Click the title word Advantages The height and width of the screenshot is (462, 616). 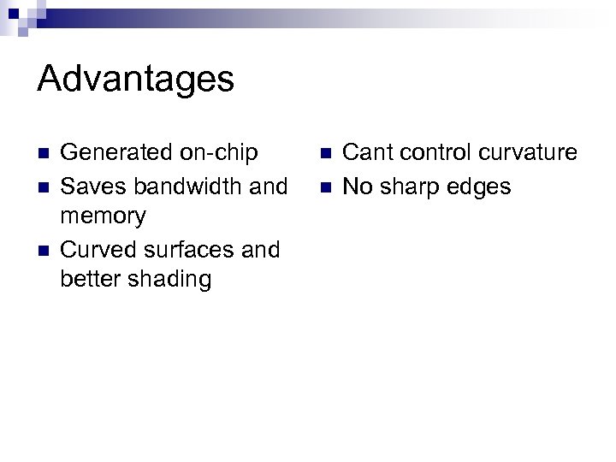135,80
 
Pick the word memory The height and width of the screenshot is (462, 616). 104,216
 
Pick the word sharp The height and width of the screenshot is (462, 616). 410,186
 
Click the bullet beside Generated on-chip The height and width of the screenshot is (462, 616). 44,154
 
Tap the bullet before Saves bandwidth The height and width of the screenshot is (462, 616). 44,187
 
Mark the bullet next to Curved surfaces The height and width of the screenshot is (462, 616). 44,251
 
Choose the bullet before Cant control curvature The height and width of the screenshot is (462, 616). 325,154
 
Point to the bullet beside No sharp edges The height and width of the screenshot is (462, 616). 325,187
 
